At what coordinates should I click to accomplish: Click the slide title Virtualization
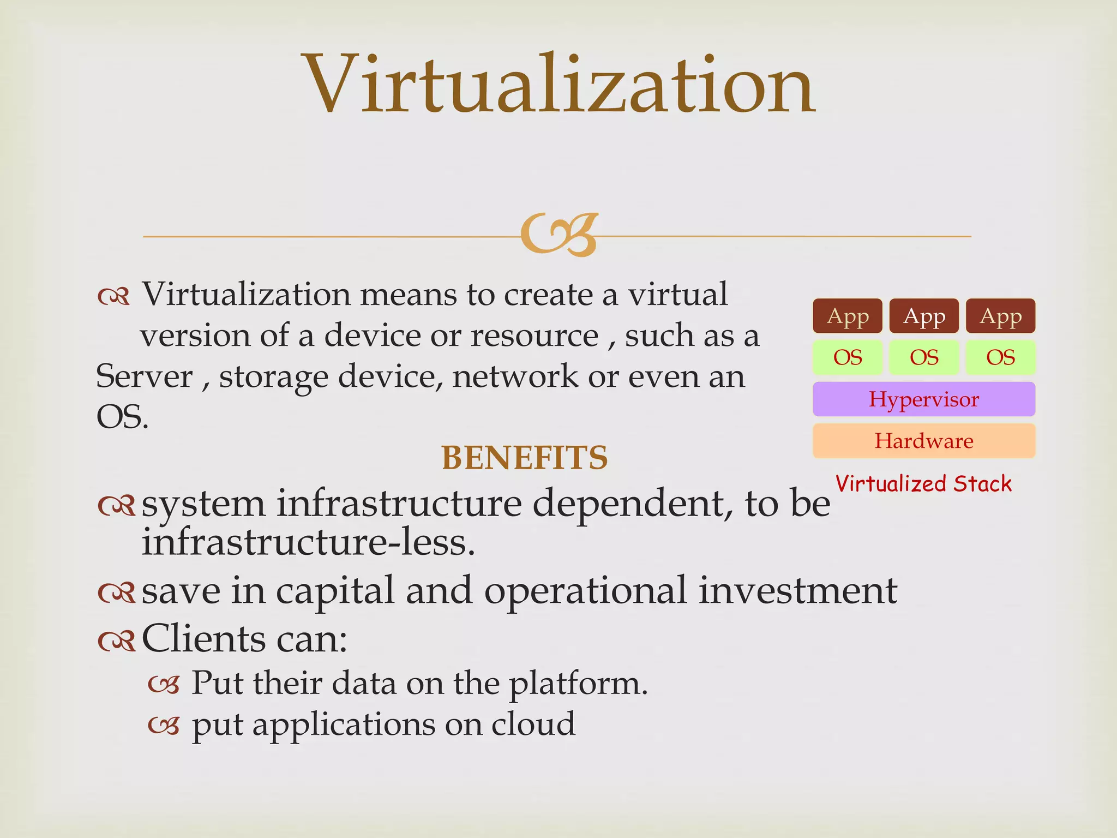(x=560, y=85)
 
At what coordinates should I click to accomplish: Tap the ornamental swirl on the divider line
(x=560, y=235)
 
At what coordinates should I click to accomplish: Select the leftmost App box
(x=847, y=316)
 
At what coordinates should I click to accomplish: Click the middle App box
(x=924, y=316)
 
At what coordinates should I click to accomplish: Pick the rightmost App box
(x=1000, y=316)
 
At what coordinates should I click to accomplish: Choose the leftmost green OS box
(x=847, y=357)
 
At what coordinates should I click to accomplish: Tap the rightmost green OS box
(x=1000, y=357)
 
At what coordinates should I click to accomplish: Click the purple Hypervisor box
(x=924, y=399)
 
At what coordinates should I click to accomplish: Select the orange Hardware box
(x=924, y=441)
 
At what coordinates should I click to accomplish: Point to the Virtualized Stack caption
(x=923, y=484)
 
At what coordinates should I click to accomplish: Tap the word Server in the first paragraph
(x=144, y=376)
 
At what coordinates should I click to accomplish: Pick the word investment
(x=797, y=590)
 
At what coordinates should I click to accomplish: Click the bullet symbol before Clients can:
(x=116, y=641)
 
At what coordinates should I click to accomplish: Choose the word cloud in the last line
(x=533, y=724)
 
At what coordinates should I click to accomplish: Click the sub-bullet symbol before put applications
(x=164, y=726)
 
